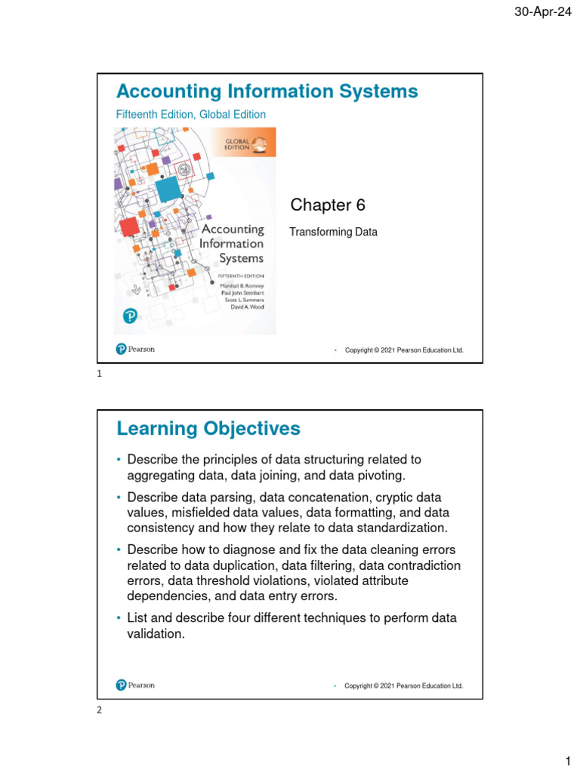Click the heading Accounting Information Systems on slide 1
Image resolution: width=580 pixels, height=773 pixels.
click(267, 91)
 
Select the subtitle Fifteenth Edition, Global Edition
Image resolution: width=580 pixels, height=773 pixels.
click(190, 115)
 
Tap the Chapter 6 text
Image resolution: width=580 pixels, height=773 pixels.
click(322, 205)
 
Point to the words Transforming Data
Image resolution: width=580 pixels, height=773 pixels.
click(333, 233)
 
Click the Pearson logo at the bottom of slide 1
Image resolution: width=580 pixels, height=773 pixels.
click(136, 349)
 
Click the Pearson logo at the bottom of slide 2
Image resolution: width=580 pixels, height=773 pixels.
click(136, 685)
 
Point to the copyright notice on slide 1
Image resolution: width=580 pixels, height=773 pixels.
click(403, 350)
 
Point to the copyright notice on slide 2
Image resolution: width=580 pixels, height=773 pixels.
click(403, 686)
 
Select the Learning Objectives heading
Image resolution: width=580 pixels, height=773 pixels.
click(208, 429)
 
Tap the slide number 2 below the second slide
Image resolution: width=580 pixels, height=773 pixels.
click(100, 710)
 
